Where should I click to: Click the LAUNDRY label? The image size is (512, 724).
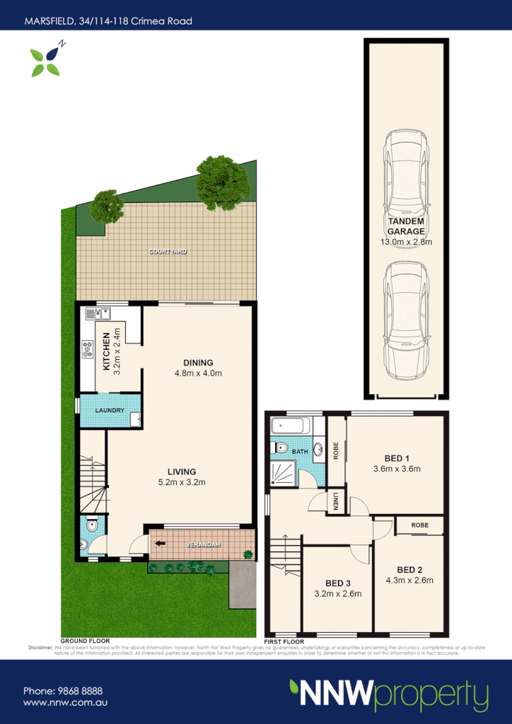pyautogui.click(x=110, y=411)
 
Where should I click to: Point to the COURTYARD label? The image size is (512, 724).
pyautogui.click(x=167, y=251)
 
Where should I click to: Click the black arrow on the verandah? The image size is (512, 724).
pyautogui.click(x=161, y=544)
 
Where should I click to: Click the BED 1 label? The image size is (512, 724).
pyautogui.click(x=397, y=457)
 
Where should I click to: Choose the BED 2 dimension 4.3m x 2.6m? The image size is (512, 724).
pyautogui.click(x=410, y=580)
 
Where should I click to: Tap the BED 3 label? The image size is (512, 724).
pyautogui.click(x=337, y=583)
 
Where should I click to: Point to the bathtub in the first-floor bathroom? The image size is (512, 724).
pyautogui.click(x=291, y=426)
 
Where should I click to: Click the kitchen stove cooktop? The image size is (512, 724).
pyautogui.click(x=88, y=347)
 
